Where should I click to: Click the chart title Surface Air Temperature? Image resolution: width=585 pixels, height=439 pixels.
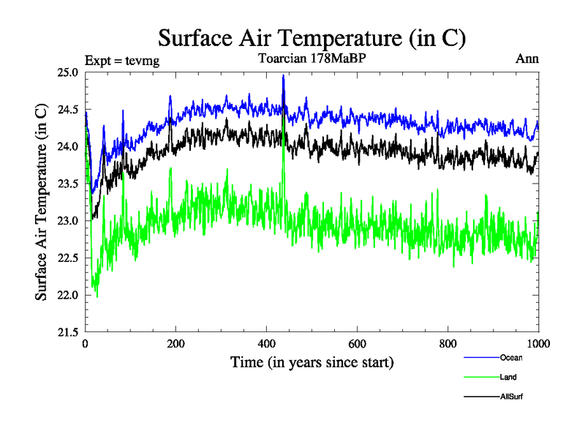pyautogui.click(x=312, y=37)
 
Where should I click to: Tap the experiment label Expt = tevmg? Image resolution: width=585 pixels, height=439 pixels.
pyautogui.click(x=122, y=60)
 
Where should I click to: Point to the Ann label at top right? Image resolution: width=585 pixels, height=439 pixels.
pyautogui.click(x=527, y=59)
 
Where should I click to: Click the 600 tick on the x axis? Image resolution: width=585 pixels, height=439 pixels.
pyautogui.click(x=358, y=344)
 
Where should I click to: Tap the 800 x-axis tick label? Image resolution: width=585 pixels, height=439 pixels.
pyautogui.click(x=448, y=344)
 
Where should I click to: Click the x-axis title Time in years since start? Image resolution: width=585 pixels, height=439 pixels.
pyautogui.click(x=312, y=362)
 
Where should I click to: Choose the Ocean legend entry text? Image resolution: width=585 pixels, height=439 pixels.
pyautogui.click(x=511, y=358)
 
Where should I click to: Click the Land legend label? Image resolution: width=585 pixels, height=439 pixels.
pyautogui.click(x=508, y=378)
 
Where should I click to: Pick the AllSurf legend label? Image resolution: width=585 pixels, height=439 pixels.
pyautogui.click(x=511, y=397)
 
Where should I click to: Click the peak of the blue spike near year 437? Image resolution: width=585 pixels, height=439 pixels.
pyautogui.click(x=283, y=75)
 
